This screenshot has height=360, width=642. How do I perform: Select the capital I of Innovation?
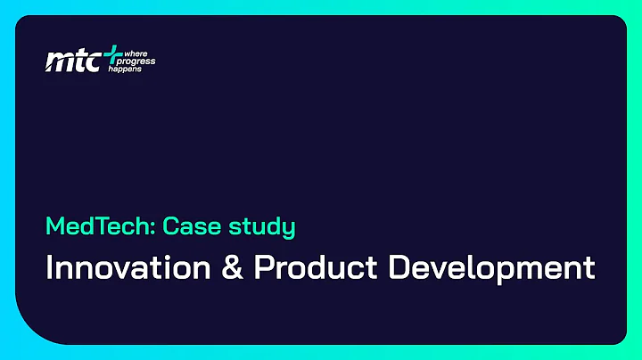[49, 268]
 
